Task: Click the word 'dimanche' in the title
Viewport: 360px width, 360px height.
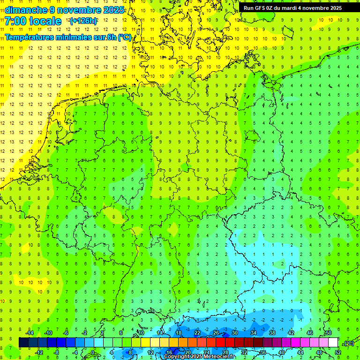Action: [x=24, y=9]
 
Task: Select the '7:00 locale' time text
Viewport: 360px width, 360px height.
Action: [x=33, y=21]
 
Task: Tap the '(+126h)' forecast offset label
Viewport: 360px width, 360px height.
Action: [x=83, y=21]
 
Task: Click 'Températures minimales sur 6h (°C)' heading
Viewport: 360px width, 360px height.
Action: [x=68, y=37]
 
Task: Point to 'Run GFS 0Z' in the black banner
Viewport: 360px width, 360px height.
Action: [x=260, y=8]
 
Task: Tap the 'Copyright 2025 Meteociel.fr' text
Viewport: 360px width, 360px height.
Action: [x=199, y=357]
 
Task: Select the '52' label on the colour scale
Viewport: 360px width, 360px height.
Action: [x=338, y=352]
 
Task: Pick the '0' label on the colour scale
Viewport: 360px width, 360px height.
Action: [x=93, y=352]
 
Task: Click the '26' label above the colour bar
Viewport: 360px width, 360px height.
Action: [x=216, y=332]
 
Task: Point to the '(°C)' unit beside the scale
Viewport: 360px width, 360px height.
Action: [x=349, y=343]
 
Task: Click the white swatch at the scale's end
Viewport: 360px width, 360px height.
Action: [x=333, y=343]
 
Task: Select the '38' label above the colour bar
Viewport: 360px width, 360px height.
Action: [x=272, y=332]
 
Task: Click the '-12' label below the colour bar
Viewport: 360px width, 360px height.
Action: [x=39, y=352]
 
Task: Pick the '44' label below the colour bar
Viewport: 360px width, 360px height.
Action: [x=300, y=352]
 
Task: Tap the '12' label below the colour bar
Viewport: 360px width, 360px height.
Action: [x=150, y=352]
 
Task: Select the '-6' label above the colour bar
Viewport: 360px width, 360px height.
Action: [x=66, y=332]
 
